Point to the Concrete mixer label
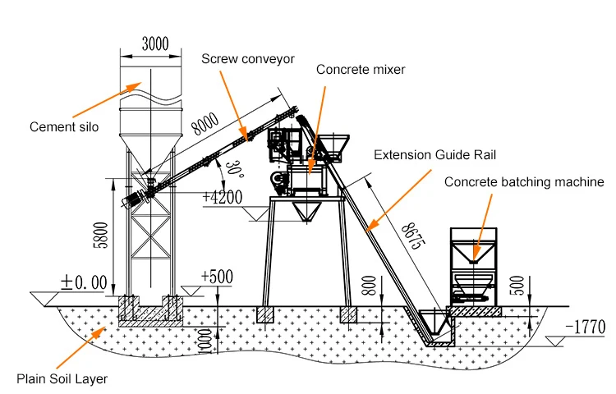coord(361,70)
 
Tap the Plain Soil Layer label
coord(62,378)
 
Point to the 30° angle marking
coord(237,171)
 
